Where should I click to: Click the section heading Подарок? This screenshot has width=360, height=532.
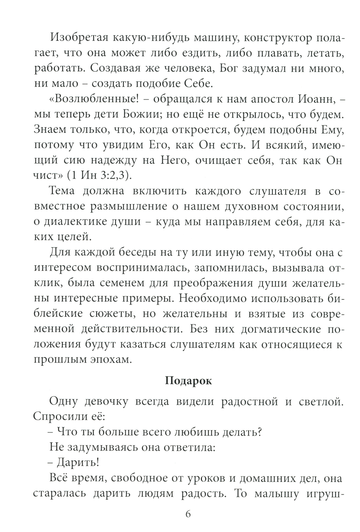click(189, 381)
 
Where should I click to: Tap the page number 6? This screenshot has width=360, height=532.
click(188, 514)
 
